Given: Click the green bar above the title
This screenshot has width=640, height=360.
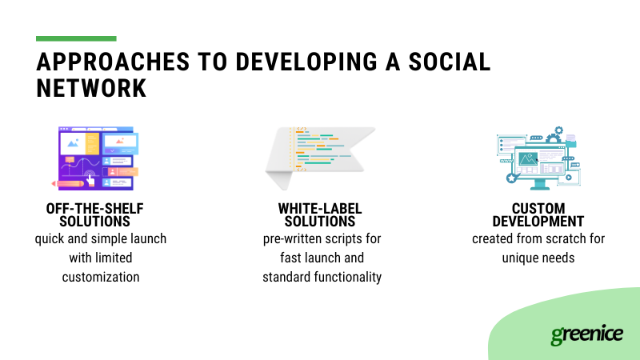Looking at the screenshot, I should tap(76, 38).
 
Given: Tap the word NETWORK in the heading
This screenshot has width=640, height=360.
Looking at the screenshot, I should tap(92, 89).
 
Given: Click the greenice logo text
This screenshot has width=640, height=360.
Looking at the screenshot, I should tap(586, 334).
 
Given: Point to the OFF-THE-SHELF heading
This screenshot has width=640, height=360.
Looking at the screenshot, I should tap(95, 209).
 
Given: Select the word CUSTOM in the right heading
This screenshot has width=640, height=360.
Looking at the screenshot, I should tap(538, 209).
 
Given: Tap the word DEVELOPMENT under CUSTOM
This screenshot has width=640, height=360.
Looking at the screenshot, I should tap(538, 222).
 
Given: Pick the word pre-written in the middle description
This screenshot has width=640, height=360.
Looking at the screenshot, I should tap(295, 239).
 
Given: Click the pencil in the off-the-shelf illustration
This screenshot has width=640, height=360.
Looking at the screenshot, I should tap(67, 183).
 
